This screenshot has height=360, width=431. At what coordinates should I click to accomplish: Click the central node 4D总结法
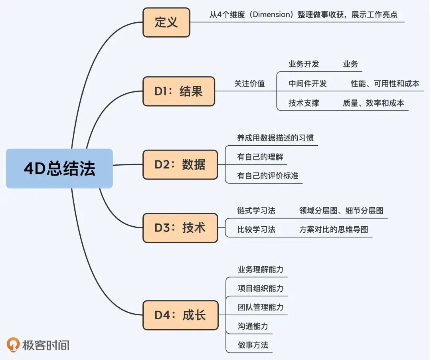(x=59, y=168)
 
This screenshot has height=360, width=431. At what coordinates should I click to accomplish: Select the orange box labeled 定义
(x=166, y=22)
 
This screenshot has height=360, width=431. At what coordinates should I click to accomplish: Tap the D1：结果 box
(x=178, y=91)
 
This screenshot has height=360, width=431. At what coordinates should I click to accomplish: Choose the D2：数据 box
(x=180, y=164)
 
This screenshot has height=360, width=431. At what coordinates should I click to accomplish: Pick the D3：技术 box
(x=180, y=228)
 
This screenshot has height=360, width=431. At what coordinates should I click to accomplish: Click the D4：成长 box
(x=180, y=315)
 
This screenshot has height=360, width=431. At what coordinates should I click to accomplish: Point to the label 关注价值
(x=249, y=84)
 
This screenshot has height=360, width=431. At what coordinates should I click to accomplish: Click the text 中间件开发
(x=308, y=84)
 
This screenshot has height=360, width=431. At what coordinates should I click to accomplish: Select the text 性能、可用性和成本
(x=385, y=84)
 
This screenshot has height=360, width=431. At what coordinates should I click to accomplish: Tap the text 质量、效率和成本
(x=373, y=103)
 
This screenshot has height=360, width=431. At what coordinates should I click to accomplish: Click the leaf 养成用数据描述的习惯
(x=275, y=138)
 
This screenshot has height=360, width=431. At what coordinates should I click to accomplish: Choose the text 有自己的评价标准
(x=268, y=176)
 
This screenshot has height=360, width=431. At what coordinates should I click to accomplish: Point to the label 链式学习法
(x=256, y=210)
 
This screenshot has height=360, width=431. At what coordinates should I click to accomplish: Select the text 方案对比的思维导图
(x=334, y=229)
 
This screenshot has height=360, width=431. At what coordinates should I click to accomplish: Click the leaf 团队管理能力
(x=261, y=307)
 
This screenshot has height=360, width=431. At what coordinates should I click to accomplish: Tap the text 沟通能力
(x=253, y=326)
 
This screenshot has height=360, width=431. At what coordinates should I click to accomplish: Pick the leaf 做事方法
(x=253, y=345)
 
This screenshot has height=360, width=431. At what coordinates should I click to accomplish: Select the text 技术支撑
(x=304, y=103)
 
